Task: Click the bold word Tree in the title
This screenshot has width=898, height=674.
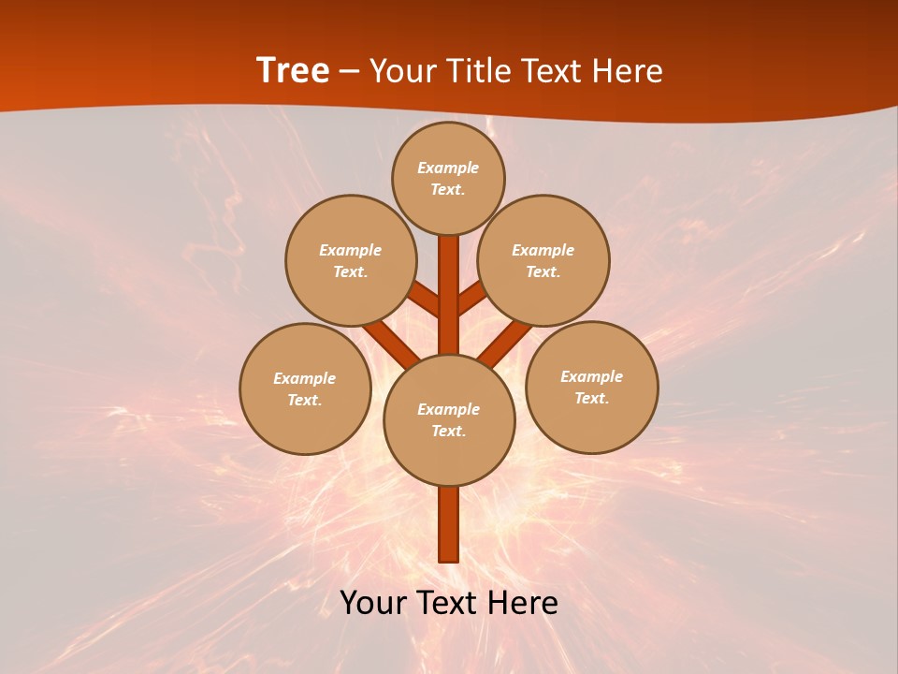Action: [x=293, y=71]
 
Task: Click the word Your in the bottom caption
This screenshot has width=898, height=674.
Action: [x=374, y=603]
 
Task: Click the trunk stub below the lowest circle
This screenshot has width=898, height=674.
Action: [x=449, y=524]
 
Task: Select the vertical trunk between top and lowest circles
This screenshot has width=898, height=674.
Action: [x=449, y=295]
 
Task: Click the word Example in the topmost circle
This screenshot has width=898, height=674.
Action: [x=448, y=168]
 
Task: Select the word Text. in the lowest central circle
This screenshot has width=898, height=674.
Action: [x=448, y=431]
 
